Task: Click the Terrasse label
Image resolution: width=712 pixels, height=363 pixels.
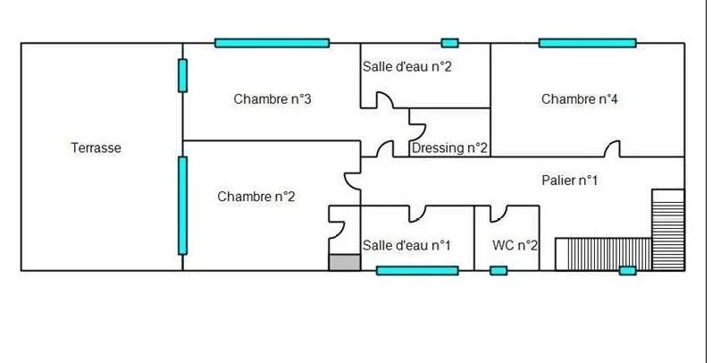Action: (x=96, y=148)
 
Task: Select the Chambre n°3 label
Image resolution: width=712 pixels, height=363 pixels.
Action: (x=272, y=99)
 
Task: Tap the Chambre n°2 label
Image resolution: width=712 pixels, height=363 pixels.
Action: (x=256, y=197)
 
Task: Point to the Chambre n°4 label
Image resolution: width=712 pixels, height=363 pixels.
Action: (x=580, y=99)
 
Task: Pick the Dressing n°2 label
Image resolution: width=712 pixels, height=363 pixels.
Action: (x=449, y=148)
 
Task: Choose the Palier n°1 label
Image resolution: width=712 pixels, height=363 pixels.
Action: (x=569, y=181)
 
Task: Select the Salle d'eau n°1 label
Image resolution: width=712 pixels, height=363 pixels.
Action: (x=406, y=245)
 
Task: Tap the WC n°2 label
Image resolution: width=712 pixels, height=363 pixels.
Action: (x=515, y=245)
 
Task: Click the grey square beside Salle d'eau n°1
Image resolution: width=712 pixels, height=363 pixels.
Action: (x=344, y=262)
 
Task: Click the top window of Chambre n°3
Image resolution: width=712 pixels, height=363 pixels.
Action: (x=272, y=43)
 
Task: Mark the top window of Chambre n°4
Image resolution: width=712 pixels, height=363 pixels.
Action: (x=587, y=43)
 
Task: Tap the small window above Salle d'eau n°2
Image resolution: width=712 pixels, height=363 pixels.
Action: (x=450, y=43)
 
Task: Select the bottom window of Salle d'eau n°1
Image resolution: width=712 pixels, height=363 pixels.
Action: (x=416, y=270)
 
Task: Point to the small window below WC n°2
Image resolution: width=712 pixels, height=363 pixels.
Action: (x=498, y=270)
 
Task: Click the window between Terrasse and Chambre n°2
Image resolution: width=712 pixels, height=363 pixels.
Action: (x=182, y=206)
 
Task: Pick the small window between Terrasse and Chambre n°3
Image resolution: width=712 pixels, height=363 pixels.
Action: (x=182, y=75)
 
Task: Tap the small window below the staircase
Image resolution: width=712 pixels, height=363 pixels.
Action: (x=627, y=270)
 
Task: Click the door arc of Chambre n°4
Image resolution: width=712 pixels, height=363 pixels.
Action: (x=613, y=148)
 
